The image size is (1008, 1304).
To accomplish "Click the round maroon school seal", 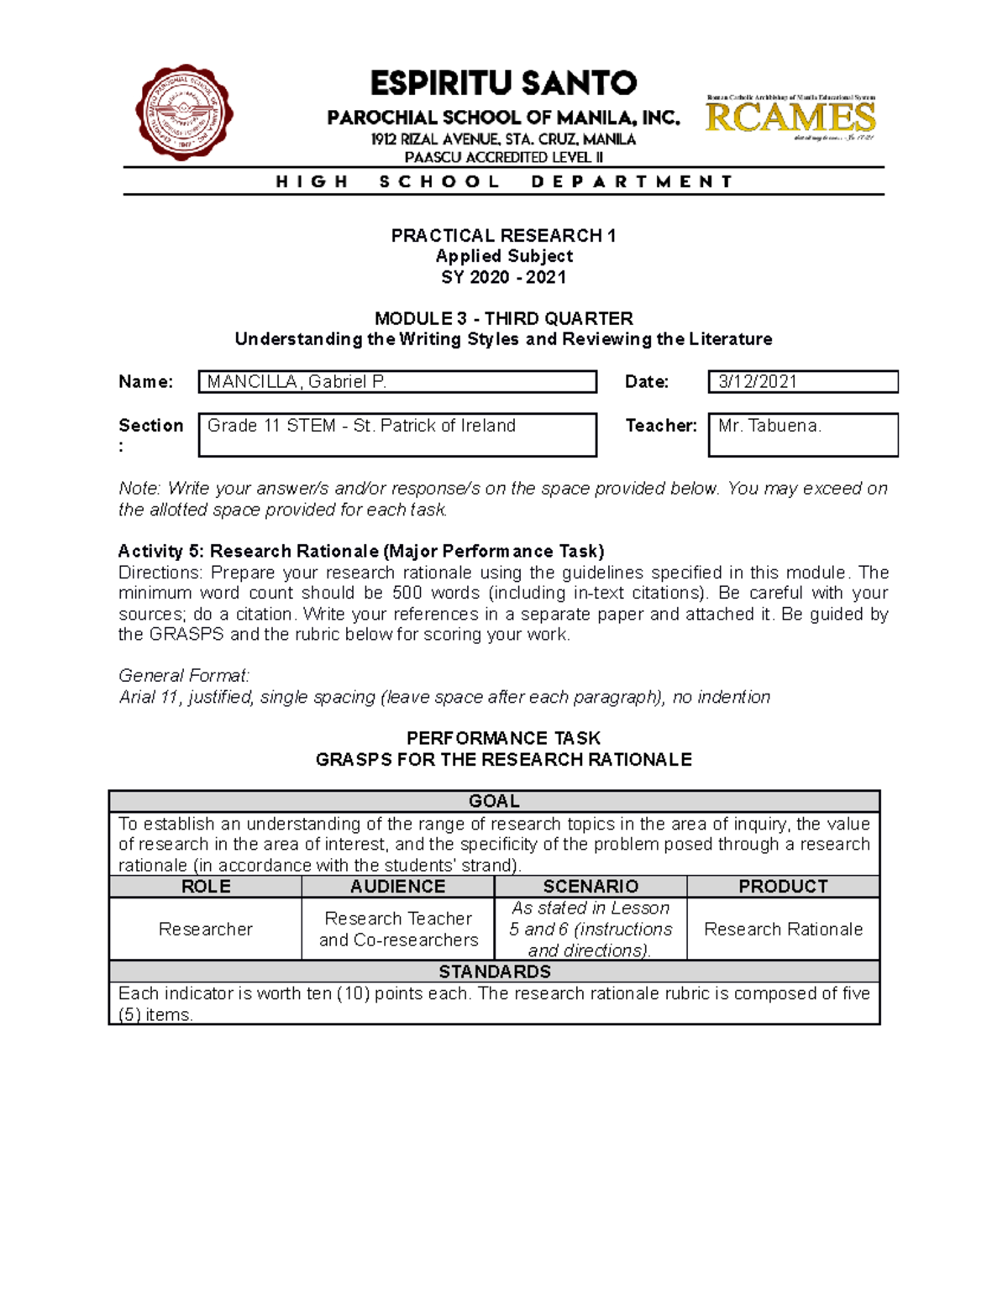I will point(183,113).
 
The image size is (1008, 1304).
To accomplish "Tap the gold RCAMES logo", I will point(790,118).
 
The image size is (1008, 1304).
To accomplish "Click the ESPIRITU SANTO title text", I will point(503,83).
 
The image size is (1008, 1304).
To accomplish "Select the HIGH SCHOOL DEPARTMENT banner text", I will point(504,181).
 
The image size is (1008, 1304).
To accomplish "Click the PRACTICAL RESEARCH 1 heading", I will point(503,236).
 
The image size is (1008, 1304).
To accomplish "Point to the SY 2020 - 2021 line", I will point(503,277).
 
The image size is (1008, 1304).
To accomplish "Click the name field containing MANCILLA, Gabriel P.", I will point(397,382).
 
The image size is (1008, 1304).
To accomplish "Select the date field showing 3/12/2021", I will point(802,382).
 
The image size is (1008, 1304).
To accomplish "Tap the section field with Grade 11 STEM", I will point(397,434).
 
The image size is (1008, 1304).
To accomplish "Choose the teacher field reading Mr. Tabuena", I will point(802,434).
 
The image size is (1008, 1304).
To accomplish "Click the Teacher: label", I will point(661,426).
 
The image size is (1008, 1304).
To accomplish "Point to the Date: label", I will point(647,382).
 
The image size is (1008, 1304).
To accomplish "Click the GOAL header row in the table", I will point(494,801).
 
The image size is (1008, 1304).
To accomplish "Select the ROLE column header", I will point(206,887).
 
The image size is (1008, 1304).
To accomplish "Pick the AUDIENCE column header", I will point(398,887).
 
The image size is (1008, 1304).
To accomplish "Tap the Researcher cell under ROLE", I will point(206,930).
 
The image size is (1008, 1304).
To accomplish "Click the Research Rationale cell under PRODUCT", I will point(783,930).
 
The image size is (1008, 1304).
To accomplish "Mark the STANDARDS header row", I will point(494,971).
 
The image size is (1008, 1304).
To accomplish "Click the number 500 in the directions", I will point(407,593).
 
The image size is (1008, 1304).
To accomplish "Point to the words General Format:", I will point(184,676).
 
